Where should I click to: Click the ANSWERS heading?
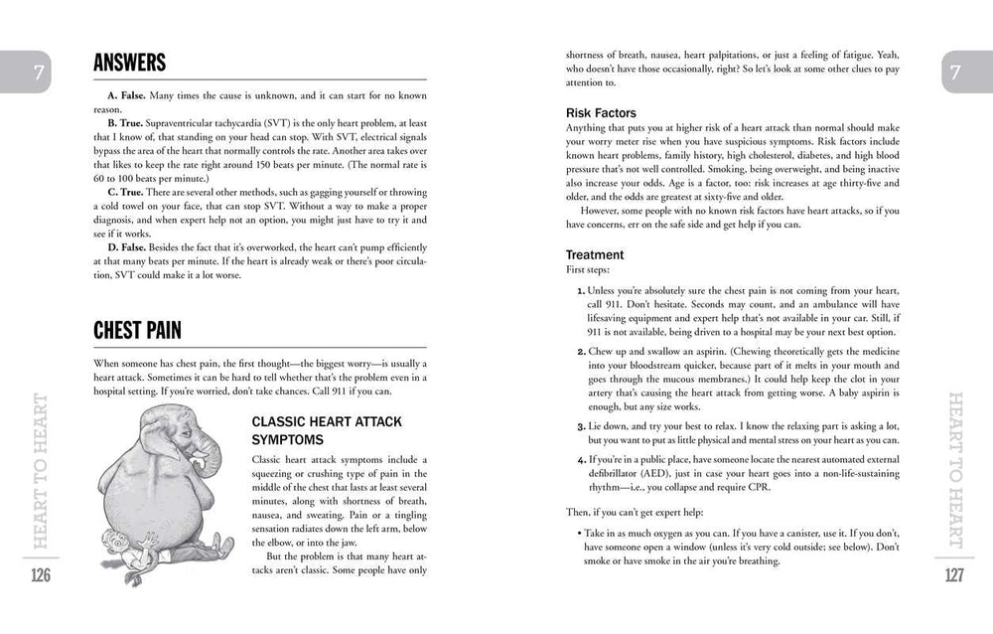click(130, 64)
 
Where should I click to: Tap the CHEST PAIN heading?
click(137, 329)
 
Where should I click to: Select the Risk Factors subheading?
click(601, 113)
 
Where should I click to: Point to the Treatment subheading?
click(595, 254)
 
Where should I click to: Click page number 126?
click(41, 574)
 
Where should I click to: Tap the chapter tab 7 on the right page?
click(954, 73)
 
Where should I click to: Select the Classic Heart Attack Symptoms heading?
click(327, 429)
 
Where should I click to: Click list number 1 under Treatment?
click(580, 290)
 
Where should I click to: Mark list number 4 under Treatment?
click(580, 460)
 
